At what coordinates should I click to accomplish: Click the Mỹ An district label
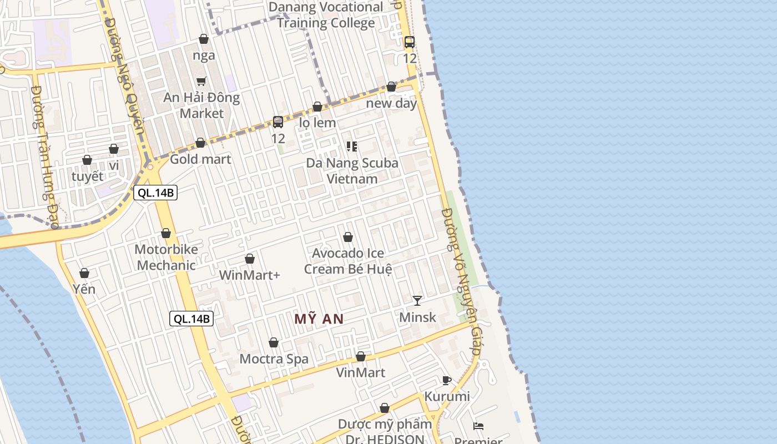click(319, 319)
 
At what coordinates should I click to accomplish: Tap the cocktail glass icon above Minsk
click(417, 300)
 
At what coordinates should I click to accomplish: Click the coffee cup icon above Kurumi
click(446, 380)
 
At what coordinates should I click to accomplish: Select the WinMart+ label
click(250, 275)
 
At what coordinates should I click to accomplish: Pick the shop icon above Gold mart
click(200, 143)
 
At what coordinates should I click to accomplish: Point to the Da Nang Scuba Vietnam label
click(352, 171)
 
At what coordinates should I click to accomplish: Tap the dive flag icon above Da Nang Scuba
click(351, 146)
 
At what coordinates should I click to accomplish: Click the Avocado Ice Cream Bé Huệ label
click(348, 261)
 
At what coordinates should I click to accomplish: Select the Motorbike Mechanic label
click(166, 257)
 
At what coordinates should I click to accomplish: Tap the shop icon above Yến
click(84, 273)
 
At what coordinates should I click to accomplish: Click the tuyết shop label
click(88, 176)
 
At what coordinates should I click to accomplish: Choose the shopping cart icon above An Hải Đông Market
click(201, 82)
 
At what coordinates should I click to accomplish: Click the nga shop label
click(204, 55)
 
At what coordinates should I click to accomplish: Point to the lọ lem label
click(317, 122)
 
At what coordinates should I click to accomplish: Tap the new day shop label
click(391, 103)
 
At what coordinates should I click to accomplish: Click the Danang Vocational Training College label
click(326, 15)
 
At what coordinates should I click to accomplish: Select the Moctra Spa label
click(274, 359)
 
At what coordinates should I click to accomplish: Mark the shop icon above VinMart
click(361, 356)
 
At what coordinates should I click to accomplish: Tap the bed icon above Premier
click(478, 426)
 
